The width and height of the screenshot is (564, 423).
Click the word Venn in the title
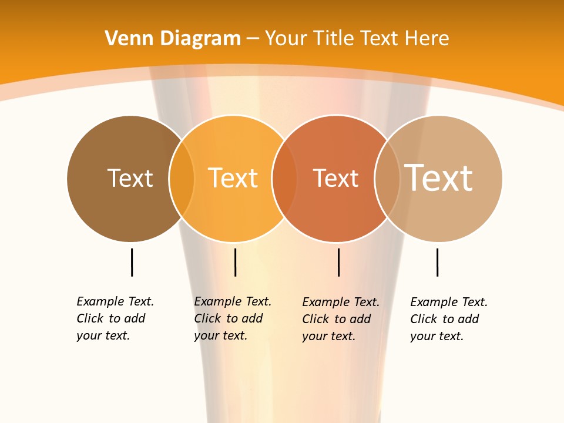(x=130, y=39)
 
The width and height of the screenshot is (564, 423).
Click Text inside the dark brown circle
(x=130, y=178)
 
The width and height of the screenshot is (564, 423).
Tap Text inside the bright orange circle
(x=233, y=178)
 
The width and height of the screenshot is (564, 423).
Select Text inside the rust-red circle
(x=335, y=178)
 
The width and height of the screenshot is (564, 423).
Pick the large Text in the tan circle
(x=438, y=177)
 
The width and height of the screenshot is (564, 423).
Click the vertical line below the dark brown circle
(x=132, y=262)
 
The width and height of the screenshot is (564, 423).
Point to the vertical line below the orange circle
(x=235, y=262)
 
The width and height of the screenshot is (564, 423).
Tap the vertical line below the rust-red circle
(x=338, y=262)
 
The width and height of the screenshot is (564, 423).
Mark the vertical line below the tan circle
(x=437, y=262)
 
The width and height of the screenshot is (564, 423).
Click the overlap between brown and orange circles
(x=182, y=179)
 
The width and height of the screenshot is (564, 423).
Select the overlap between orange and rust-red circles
(x=284, y=179)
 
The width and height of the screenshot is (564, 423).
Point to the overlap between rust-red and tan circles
(x=387, y=179)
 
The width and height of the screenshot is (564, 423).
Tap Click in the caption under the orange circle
(x=207, y=318)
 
